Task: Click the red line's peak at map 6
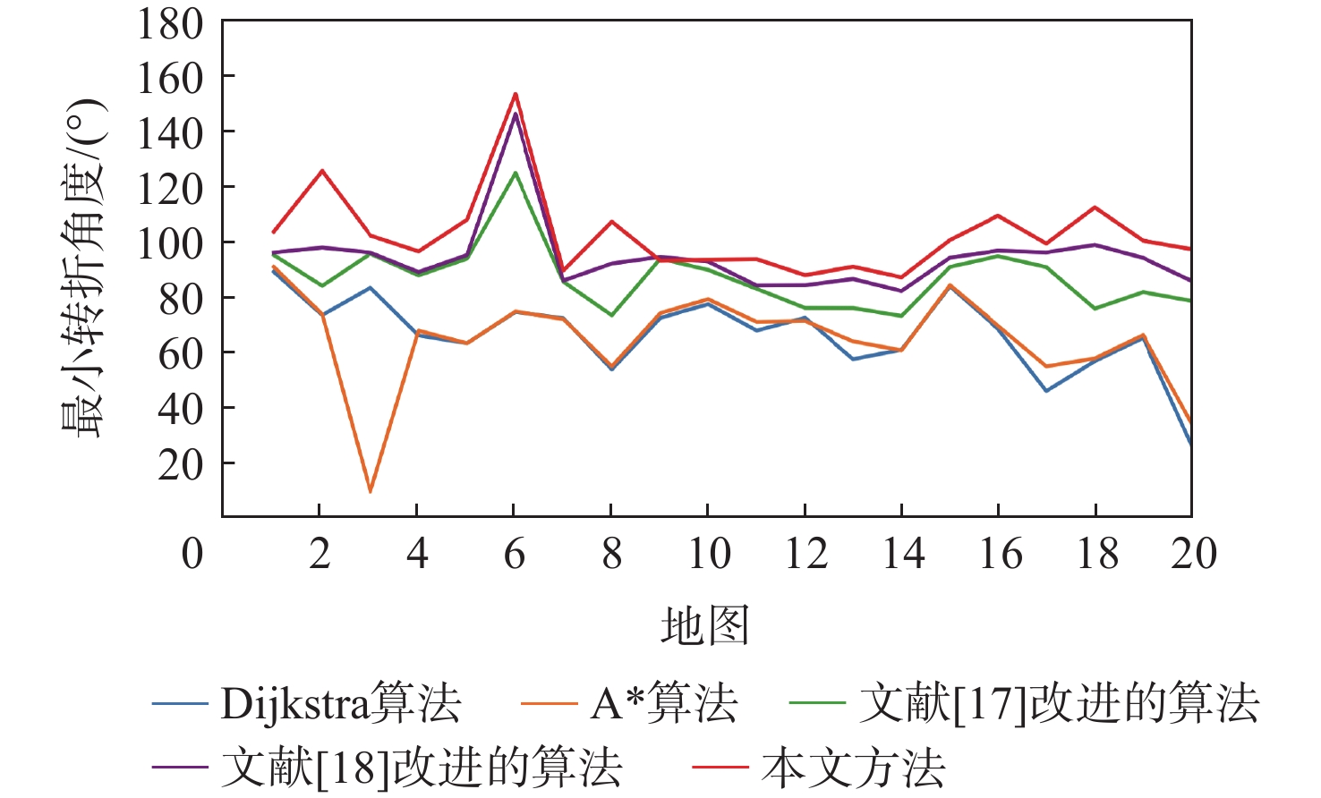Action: click(515, 93)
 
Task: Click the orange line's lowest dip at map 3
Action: click(370, 491)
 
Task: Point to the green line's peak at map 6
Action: click(515, 173)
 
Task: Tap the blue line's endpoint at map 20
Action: click(1190, 445)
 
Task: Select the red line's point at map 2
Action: click(321, 171)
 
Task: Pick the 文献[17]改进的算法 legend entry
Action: click(1025, 703)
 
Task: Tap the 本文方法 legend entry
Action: click(818, 768)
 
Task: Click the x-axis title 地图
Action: click(704, 625)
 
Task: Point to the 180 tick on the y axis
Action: click(170, 24)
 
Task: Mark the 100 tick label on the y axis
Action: click(170, 242)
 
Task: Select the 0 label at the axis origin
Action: click(192, 554)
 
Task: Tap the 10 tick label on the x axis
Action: click(709, 554)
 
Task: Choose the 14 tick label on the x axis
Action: click(903, 554)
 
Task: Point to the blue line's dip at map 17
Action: click(1046, 390)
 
